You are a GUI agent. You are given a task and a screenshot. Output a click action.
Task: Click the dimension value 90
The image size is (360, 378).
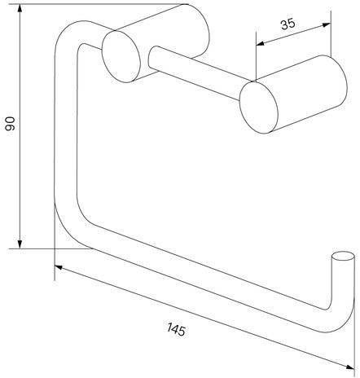coord(11,124)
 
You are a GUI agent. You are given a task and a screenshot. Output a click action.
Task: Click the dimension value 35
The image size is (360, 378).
coord(288,24)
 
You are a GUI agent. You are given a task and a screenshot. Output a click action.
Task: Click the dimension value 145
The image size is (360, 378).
coord(176,329)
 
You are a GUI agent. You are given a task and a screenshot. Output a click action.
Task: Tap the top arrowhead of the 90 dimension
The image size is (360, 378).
coord(20,9)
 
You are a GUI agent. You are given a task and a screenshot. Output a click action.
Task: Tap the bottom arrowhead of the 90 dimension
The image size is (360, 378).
coord(20,244)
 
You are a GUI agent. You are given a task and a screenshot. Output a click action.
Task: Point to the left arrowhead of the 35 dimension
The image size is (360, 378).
coord(261,43)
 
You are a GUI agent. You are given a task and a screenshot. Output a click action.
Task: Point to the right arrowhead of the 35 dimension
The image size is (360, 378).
coord(327,25)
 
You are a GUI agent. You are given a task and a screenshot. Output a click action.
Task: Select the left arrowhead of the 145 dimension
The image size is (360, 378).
coord(59,267)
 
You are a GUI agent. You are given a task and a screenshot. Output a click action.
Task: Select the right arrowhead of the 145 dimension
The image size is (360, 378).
coord(350,367)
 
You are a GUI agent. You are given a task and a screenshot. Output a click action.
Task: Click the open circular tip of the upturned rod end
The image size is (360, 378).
coord(344,257)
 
